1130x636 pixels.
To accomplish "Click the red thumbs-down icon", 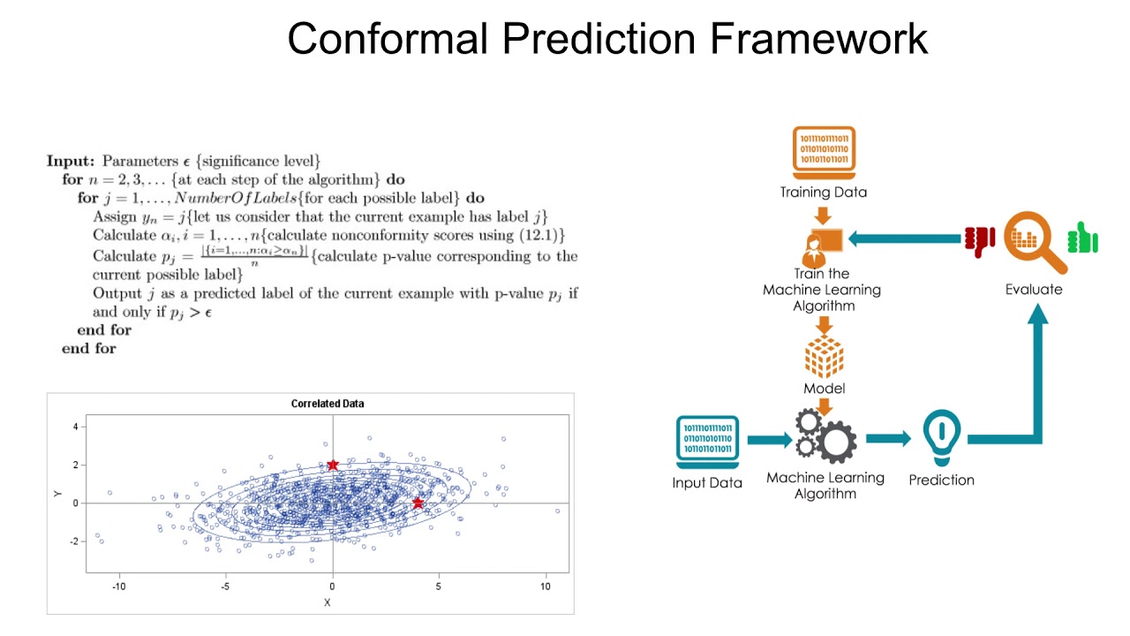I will (x=979, y=240).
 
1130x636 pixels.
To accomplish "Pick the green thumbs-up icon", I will (x=1082, y=238).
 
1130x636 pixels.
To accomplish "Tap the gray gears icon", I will (x=825, y=435).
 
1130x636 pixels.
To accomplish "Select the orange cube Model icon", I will (x=824, y=357).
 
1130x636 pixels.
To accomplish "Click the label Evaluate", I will (x=1034, y=289).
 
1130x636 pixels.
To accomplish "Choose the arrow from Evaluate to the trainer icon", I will (x=905, y=238).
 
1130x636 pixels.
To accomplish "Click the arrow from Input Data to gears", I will (x=769, y=439).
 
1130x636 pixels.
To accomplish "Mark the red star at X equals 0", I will (x=333, y=466).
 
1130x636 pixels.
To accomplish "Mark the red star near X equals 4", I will (x=418, y=503).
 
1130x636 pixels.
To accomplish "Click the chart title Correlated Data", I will (x=328, y=404).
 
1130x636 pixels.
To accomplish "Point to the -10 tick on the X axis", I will (x=119, y=587).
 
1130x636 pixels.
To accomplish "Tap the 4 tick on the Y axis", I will (x=76, y=427).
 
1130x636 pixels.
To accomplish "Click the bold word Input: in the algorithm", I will (x=71, y=162).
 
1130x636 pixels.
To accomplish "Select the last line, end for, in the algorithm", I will (x=88, y=349).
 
